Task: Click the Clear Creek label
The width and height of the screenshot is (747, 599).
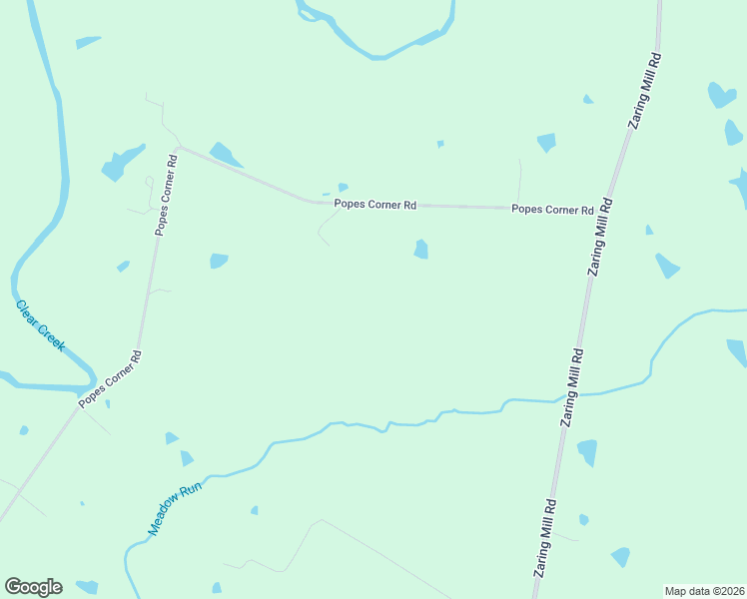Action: click(x=40, y=324)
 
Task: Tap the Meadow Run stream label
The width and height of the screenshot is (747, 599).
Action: click(x=169, y=511)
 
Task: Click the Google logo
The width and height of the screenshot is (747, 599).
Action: click(x=33, y=587)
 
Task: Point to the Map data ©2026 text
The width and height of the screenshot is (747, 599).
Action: click(x=704, y=591)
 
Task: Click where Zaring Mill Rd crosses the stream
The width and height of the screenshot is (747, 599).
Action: click(x=571, y=396)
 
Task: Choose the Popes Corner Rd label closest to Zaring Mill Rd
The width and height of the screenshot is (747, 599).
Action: click(x=552, y=210)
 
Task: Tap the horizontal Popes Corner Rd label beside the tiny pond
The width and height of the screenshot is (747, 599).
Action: click(x=374, y=205)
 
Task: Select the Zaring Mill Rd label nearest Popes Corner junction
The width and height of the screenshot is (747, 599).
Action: click(x=600, y=236)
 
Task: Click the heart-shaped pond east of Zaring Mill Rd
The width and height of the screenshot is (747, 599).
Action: click(x=721, y=95)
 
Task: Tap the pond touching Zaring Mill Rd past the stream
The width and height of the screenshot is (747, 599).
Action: click(x=587, y=451)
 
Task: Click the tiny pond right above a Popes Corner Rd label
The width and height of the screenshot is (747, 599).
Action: click(x=343, y=187)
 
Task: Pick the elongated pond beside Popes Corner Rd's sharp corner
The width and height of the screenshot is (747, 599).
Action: click(x=225, y=155)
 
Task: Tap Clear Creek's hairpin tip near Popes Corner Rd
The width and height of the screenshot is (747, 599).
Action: click(x=93, y=380)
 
